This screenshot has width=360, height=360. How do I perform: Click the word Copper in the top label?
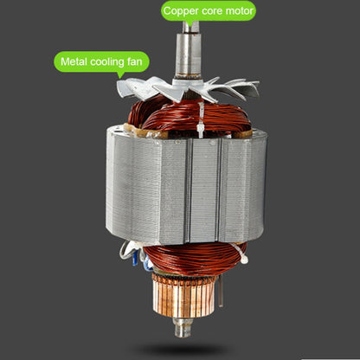coord(181,11)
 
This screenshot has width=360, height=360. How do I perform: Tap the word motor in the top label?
coord(239,11)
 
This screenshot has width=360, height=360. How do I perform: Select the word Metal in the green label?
coord(74,61)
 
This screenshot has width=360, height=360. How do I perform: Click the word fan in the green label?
coord(135,61)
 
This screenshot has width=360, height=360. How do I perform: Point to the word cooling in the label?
coord(107,62)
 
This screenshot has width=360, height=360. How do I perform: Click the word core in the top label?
coord(212,11)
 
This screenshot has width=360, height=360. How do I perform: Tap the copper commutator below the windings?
coord(183,296)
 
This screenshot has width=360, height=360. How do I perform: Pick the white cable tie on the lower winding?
coord(241,253)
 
